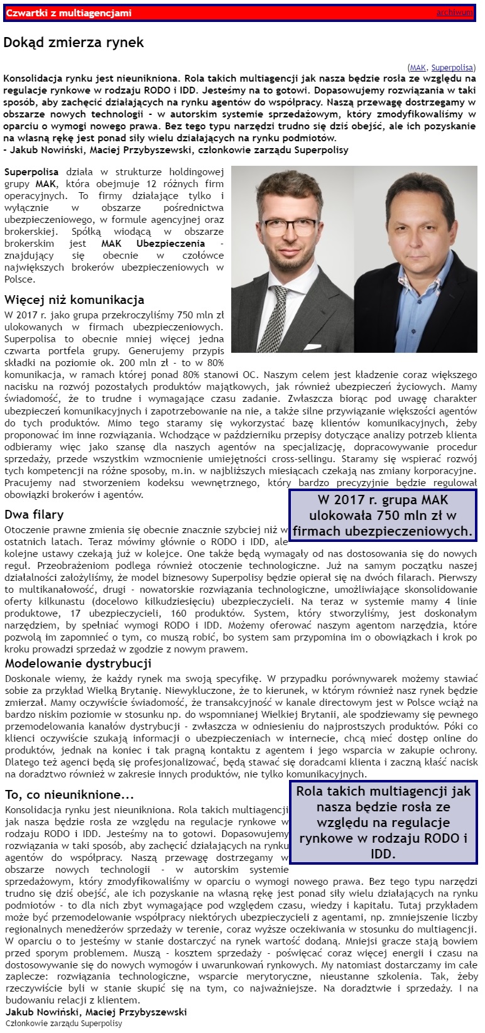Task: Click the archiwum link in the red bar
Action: point(454,13)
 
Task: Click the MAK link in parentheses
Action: point(418,67)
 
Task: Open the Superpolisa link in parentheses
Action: point(452,67)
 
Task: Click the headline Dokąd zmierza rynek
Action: point(74,43)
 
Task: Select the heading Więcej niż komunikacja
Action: point(74,300)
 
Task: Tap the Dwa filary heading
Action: point(34,514)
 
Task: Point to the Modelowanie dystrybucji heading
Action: point(79,663)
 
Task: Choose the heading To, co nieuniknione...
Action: point(70,794)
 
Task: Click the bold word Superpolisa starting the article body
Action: point(31,171)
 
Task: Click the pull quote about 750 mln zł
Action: point(383,516)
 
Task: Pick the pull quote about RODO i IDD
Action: point(383,822)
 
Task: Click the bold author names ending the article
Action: point(96,1012)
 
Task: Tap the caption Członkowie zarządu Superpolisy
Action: point(64,1023)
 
